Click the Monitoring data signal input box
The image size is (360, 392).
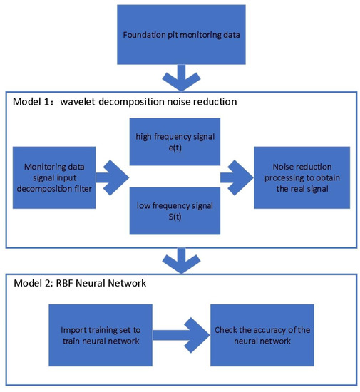coord(54,177)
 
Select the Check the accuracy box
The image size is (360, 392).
coord(262,333)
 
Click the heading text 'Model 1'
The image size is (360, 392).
coord(33,102)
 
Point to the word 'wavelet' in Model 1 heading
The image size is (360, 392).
coord(86,102)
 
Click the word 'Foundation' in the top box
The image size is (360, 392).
coord(140,33)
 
